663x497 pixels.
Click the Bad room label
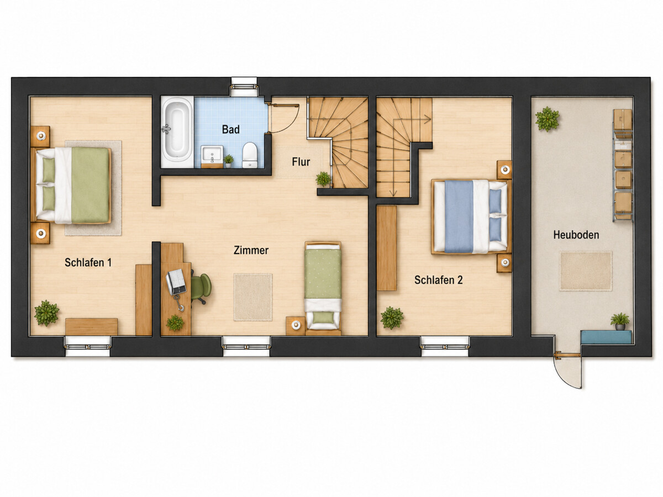[x=231, y=129]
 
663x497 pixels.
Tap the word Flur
[x=301, y=162]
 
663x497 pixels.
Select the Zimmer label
[x=251, y=250]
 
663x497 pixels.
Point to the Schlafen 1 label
[x=88, y=262]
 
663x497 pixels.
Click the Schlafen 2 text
[x=438, y=280]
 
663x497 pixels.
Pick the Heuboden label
[x=576, y=235]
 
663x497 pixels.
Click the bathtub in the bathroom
[x=177, y=132]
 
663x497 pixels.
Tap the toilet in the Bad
[x=250, y=155]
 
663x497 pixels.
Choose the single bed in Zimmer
[x=323, y=288]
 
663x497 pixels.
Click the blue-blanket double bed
[x=471, y=216]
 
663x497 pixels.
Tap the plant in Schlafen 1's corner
[x=46, y=313]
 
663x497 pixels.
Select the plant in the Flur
[x=323, y=179]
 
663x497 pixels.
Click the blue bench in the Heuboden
[x=606, y=337]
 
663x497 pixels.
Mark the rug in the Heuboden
[x=586, y=271]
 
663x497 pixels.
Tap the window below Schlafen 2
[x=445, y=346]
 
